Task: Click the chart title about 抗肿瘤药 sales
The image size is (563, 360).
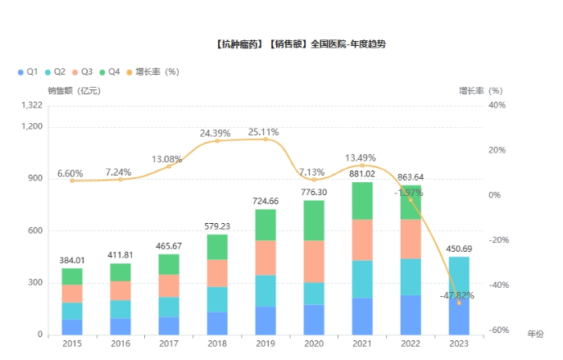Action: [x=299, y=44]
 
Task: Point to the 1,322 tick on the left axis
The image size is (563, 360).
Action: [x=31, y=106]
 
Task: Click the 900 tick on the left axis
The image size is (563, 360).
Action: [x=34, y=179]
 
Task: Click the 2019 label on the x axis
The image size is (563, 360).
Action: [x=266, y=346]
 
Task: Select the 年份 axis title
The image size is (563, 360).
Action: [x=535, y=335]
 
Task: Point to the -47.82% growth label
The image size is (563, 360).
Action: [x=457, y=295]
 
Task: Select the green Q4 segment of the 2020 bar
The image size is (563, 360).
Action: [x=314, y=221]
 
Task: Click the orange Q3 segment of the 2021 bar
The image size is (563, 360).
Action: [x=362, y=240]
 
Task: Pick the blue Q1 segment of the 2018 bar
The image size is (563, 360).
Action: [x=217, y=323]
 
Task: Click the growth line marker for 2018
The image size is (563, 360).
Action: [x=217, y=141]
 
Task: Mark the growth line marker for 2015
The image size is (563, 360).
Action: [x=72, y=180]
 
